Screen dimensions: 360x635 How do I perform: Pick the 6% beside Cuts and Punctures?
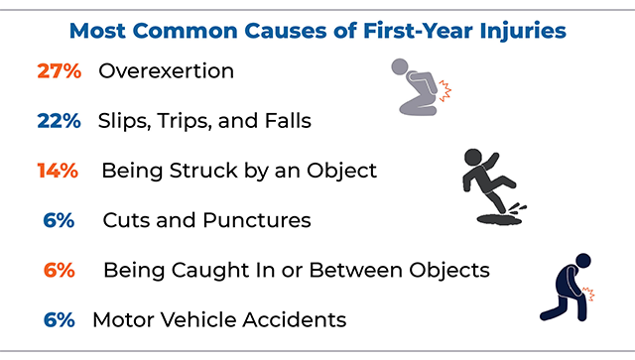60,220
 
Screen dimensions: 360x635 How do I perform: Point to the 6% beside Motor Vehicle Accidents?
60,319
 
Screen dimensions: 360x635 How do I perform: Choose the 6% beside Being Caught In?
60,270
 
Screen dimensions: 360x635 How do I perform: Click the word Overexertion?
166,71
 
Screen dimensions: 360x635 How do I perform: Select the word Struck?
204,171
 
